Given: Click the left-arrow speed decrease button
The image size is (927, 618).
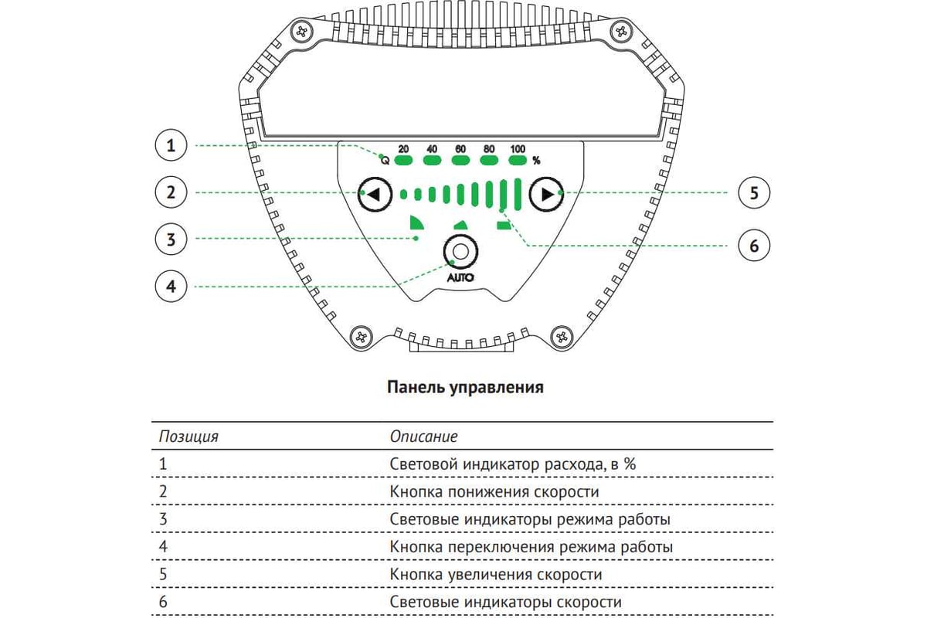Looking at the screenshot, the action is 375,194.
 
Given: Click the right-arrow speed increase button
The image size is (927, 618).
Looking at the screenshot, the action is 546,194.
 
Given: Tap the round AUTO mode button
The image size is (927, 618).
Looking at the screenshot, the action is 460,252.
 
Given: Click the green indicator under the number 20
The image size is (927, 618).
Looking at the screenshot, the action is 403,161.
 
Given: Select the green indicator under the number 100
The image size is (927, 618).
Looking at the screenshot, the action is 518,161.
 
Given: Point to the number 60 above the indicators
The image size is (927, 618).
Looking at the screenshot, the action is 460,149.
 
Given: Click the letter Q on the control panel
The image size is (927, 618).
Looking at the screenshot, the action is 385,161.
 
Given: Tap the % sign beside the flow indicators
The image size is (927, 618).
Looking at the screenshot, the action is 536,161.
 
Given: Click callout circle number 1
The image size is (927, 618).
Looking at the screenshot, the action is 171,145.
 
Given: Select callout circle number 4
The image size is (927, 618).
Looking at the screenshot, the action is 171,286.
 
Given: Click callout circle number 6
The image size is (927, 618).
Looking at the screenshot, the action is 754,246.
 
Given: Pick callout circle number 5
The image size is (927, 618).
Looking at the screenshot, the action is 754,193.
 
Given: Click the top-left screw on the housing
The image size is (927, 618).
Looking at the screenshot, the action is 302,32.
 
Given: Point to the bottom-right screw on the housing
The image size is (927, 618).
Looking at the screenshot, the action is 562,337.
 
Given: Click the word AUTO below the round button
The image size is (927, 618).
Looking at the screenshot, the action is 460,278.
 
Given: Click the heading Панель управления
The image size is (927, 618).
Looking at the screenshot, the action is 465,387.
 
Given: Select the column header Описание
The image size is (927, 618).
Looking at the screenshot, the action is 424,436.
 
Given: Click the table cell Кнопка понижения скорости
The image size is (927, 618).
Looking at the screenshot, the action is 494,492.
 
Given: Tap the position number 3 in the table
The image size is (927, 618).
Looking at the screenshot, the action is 163,519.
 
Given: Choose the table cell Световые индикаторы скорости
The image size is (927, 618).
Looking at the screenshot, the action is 505,603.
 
